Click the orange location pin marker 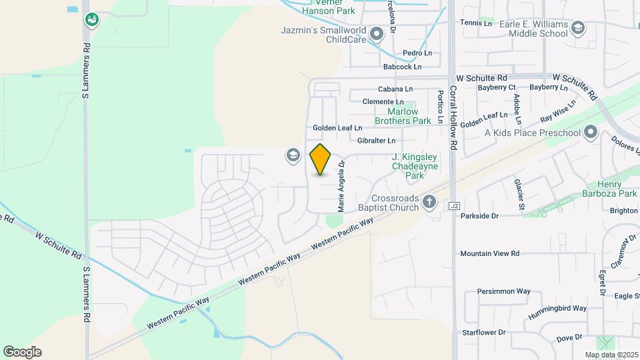tap(321, 159)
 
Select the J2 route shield tap(455, 206)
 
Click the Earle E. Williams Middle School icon tap(577, 27)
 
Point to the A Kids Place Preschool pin tap(590, 133)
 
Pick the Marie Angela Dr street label tap(341, 185)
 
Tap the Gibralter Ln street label tap(376, 141)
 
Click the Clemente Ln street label tap(383, 101)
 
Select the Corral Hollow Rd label tap(453, 117)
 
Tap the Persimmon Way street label tap(503, 291)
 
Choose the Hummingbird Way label tap(555, 308)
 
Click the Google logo tap(22, 352)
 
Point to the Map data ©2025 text tap(611, 355)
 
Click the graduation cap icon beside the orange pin tap(292, 155)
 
